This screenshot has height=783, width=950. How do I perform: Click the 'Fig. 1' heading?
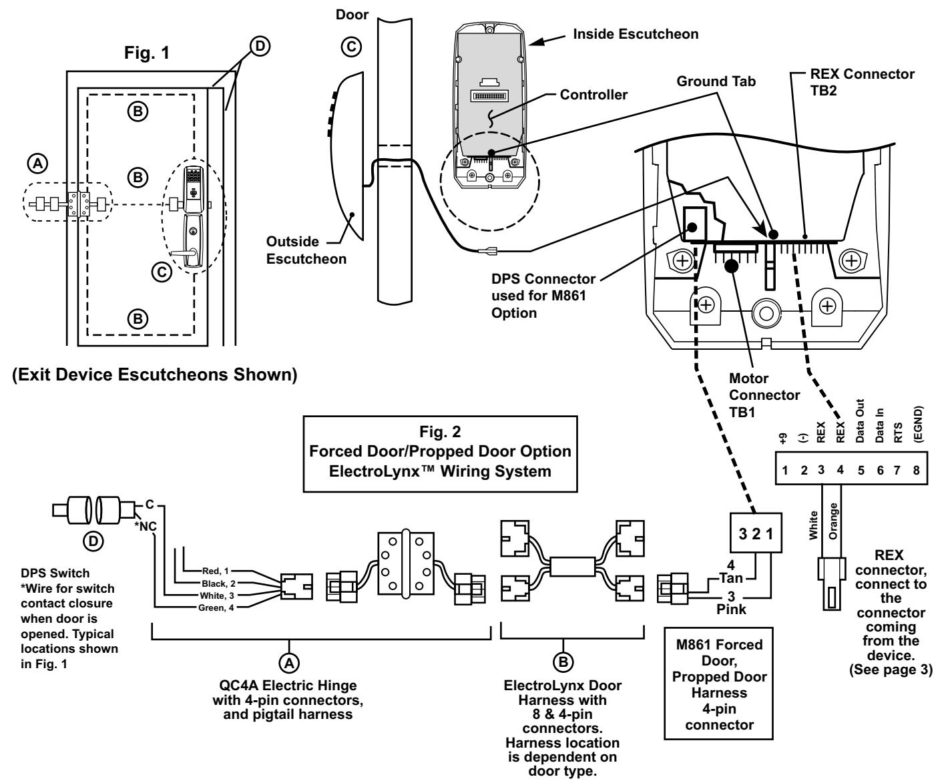[x=146, y=53]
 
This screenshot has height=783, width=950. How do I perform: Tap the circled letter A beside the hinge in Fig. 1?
[x=38, y=164]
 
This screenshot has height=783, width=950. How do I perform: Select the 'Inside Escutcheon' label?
[x=635, y=33]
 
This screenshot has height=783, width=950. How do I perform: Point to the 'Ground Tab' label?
[x=716, y=81]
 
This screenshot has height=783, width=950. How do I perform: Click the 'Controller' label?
[x=593, y=95]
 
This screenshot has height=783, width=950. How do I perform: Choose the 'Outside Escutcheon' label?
[x=306, y=250]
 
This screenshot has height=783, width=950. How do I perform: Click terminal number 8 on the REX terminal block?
[x=917, y=470]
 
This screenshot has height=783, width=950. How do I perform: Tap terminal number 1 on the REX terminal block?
[x=785, y=470]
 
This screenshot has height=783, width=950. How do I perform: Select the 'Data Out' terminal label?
[x=859, y=421]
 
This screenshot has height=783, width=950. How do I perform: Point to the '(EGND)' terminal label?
[x=918, y=424]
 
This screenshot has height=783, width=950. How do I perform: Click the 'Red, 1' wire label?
[x=216, y=571]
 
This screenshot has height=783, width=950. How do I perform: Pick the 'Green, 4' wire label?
[x=216, y=608]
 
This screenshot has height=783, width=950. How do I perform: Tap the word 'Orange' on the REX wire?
[x=833, y=521]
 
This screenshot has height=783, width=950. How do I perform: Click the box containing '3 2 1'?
[x=756, y=533]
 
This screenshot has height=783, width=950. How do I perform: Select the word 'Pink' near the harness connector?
[x=731, y=609]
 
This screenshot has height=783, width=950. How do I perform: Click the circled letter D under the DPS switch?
[x=93, y=541]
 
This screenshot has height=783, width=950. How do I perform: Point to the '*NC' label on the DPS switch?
[x=145, y=527]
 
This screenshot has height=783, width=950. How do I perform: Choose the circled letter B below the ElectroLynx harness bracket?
[x=563, y=662]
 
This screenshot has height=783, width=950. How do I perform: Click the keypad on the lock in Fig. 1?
[x=194, y=175]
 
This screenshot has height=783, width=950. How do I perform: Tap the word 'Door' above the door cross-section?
[x=352, y=15]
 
